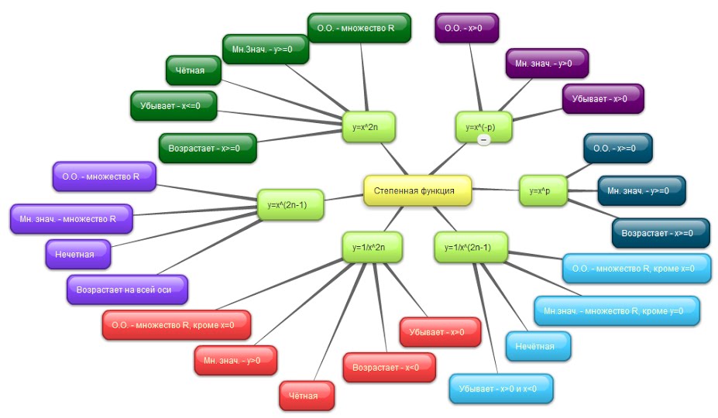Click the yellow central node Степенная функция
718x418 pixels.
pos(417,190)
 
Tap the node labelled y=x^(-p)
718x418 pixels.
pos(484,126)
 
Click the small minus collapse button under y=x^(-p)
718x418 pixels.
pos(483,140)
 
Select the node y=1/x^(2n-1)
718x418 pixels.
pos(471,247)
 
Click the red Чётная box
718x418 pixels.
pos(307,396)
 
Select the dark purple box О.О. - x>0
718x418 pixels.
pos(465,28)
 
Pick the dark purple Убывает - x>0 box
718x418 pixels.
pos(603,99)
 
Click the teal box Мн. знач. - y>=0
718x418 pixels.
pos(641,190)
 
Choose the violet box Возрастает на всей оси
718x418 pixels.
pos(127,290)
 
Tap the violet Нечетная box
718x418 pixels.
pos(78,254)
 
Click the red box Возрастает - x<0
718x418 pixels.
pos(389,367)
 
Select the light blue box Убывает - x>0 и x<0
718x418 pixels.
pos(502,389)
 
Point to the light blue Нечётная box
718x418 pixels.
pos(538,346)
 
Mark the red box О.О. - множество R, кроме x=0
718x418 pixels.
pos(177,325)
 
